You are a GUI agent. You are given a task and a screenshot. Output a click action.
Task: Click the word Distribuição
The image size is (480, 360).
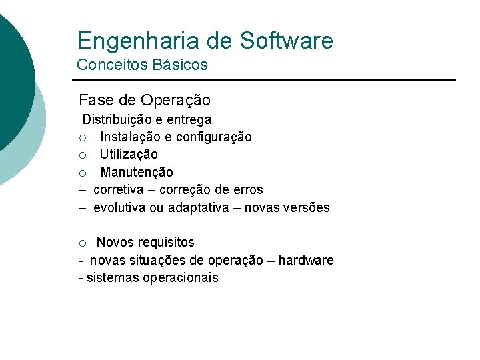117,120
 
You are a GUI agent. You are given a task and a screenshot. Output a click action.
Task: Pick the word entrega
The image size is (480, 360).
189,120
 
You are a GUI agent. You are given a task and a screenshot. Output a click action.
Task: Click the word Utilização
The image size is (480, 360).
129,155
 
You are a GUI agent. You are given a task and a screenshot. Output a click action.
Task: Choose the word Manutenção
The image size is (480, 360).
137,172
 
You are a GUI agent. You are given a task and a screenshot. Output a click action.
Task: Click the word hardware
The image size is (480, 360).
306,260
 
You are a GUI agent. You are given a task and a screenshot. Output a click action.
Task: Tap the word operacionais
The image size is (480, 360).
180,277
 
